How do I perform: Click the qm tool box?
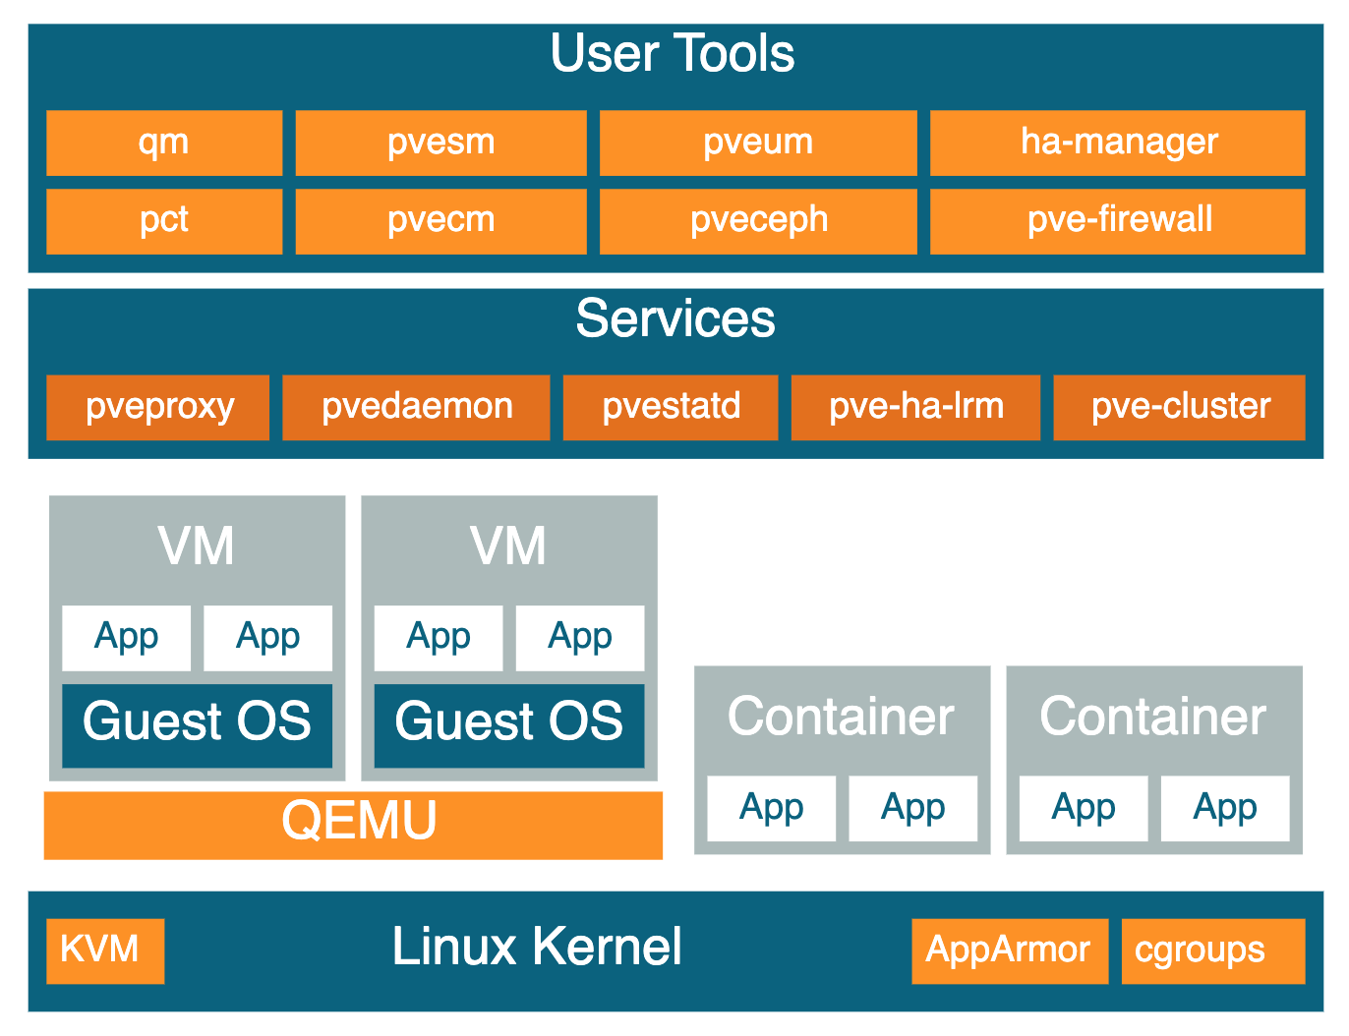point(164,143)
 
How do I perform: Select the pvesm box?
point(440,143)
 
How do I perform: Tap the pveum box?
point(758,143)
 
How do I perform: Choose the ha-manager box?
point(1117,143)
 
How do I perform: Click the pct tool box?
point(164,221)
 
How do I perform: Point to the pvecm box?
point(440,221)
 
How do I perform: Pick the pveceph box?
point(758,221)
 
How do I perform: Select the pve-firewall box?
point(1117,221)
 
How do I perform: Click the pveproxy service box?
point(157,408)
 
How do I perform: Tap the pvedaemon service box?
point(416,408)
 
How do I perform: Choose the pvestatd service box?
point(671,408)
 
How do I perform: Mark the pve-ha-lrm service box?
point(915,408)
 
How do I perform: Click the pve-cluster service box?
point(1180,408)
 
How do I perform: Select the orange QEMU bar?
point(353,826)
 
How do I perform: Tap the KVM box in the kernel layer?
point(105,951)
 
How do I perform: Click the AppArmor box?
point(1010,951)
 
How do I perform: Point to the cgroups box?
point(1213,951)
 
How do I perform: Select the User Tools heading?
point(673,53)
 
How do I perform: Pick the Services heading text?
point(675,318)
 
